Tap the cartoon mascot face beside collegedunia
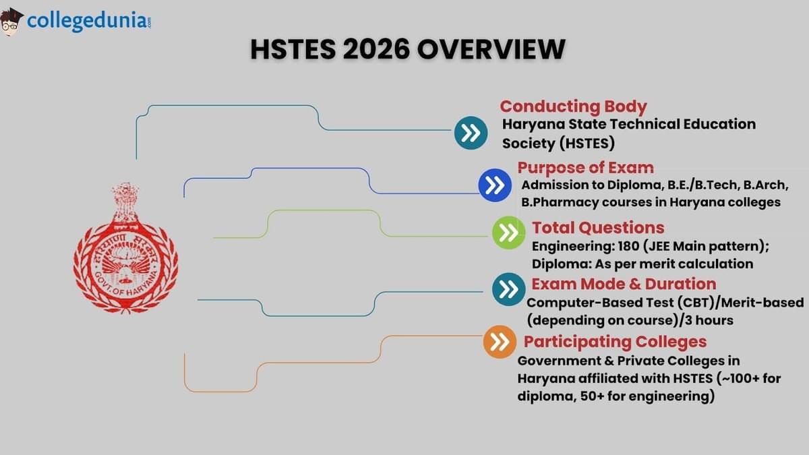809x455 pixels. (x=11, y=22)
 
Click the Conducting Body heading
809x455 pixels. (x=573, y=107)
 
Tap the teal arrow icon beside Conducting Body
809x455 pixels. (x=471, y=132)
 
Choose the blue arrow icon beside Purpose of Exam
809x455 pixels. (x=495, y=185)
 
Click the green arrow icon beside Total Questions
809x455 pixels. (x=509, y=233)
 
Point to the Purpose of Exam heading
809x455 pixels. (x=585, y=168)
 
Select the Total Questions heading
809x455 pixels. (x=598, y=227)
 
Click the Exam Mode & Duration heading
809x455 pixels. (x=624, y=284)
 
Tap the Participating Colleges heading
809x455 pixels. (x=615, y=341)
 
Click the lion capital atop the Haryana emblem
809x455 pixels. (x=125, y=201)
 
